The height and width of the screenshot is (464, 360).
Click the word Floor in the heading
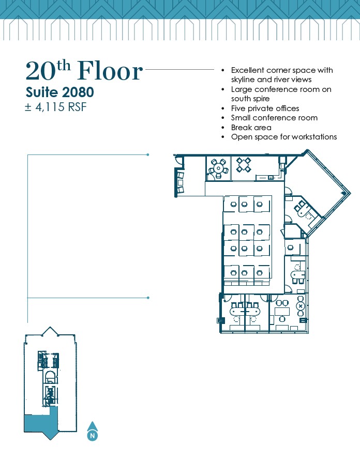(x=110, y=71)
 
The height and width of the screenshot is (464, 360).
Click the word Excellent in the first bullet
(x=247, y=70)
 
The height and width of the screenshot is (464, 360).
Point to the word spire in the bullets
(x=261, y=99)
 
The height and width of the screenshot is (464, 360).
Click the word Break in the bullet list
(x=241, y=128)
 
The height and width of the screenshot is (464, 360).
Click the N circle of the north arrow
(x=93, y=436)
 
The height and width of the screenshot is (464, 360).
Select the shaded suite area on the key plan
(x=40, y=422)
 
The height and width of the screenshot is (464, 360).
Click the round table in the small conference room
(x=218, y=168)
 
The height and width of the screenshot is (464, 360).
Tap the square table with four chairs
(x=244, y=165)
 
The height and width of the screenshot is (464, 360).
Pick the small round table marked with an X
(x=301, y=306)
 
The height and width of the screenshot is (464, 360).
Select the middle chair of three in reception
(x=181, y=182)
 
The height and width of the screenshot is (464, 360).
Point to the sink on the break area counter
(x=270, y=178)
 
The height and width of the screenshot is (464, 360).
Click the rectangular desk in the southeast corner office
(x=282, y=311)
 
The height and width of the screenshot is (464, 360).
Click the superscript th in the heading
(x=64, y=66)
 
